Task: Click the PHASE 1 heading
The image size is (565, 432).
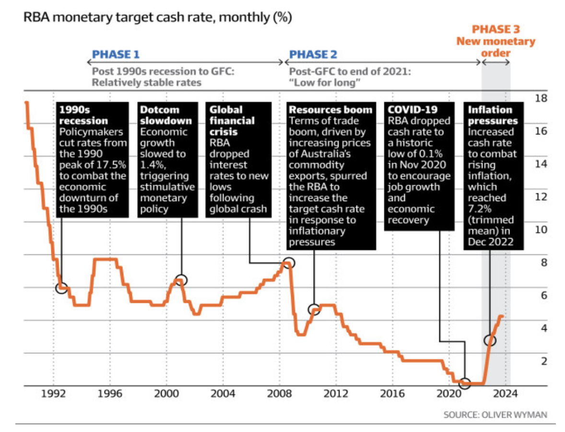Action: pyautogui.click(x=116, y=54)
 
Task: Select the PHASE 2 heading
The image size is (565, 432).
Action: pyautogui.click(x=312, y=54)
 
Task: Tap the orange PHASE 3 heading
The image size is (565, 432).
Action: pyautogui.click(x=496, y=30)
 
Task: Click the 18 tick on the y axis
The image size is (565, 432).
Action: pyautogui.click(x=541, y=98)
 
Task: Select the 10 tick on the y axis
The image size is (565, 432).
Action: pyautogui.click(x=541, y=229)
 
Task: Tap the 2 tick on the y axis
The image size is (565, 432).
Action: pyautogui.click(x=543, y=361)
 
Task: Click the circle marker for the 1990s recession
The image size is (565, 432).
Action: pyautogui.click(x=61, y=288)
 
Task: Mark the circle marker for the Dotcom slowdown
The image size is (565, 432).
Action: pyautogui.click(x=181, y=280)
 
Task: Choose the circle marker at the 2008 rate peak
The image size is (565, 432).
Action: pyautogui.click(x=289, y=263)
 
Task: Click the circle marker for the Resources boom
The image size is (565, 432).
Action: pyautogui.click(x=314, y=310)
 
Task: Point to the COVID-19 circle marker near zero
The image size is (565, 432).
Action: pyautogui.click(x=464, y=383)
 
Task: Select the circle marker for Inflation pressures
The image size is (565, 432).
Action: pyautogui.click(x=490, y=340)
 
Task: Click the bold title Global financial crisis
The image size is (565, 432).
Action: pyautogui.click(x=232, y=120)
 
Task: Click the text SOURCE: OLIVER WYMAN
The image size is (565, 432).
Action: pyautogui.click(x=495, y=414)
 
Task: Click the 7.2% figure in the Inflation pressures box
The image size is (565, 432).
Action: pyautogui.click(x=480, y=209)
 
